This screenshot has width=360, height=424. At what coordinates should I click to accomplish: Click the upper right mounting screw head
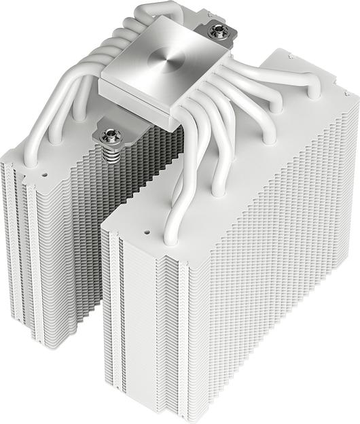coord(219,29)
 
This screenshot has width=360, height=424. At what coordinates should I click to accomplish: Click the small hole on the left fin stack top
coord(45,173)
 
